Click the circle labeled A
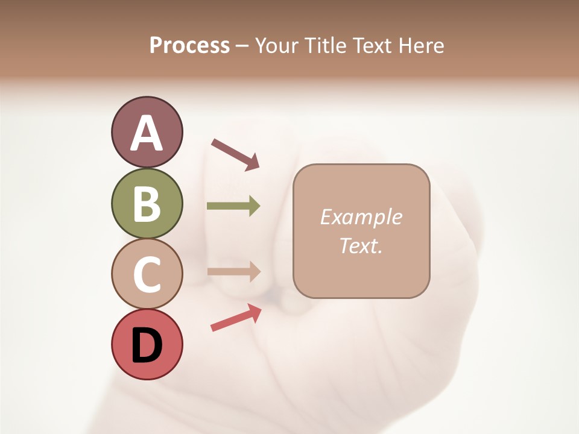pos(147,132)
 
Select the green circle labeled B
pos(147,203)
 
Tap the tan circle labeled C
pos(147,274)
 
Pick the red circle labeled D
pos(147,344)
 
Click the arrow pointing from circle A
pos(236,154)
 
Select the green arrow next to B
pos(233,206)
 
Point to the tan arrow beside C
pos(233,271)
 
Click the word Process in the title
pos(189,45)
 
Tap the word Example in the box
pos(361,217)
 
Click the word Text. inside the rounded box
pos(361,246)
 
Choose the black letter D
pos(147,345)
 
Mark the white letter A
pos(147,133)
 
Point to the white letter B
pos(147,204)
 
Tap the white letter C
pos(147,274)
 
